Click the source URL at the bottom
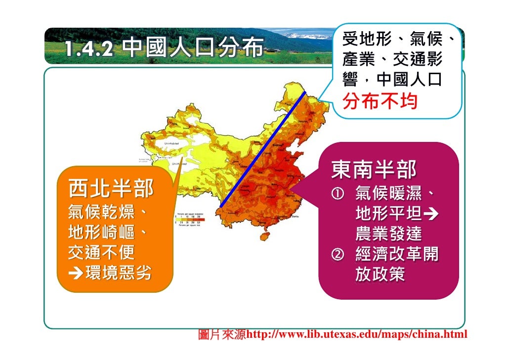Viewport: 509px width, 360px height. coord(356,335)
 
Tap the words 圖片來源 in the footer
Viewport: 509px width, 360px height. coord(222,335)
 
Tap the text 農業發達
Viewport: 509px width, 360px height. coord(388,234)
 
